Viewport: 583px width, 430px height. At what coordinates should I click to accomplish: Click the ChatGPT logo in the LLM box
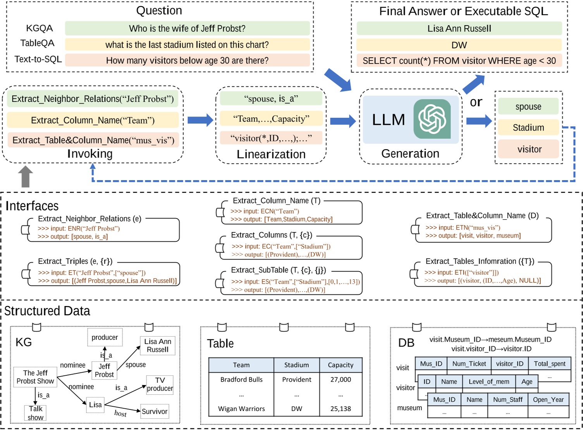tap(432, 119)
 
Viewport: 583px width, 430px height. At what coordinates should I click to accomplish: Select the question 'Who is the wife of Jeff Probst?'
tap(187, 28)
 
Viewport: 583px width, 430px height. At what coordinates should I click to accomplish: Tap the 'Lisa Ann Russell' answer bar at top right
tap(459, 28)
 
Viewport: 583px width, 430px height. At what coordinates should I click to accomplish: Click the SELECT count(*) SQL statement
tap(459, 61)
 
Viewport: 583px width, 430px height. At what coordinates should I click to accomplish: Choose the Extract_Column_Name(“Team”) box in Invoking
tap(93, 120)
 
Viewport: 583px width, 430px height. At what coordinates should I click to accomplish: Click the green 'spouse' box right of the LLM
tap(528, 107)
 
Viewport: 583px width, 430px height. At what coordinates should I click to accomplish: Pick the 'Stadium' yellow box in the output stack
tap(528, 127)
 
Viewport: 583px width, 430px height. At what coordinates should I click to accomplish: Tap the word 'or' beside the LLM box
tap(476, 102)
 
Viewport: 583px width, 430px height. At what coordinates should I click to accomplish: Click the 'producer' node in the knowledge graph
tap(105, 337)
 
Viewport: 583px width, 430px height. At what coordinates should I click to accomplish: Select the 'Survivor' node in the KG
tap(155, 411)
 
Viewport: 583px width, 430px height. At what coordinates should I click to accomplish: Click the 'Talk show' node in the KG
tap(36, 413)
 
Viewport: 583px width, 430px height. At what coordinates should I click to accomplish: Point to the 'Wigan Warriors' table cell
tap(241, 409)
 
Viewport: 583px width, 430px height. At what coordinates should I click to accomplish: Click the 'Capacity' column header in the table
tap(341, 365)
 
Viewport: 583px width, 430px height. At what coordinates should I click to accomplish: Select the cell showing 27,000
tap(341, 380)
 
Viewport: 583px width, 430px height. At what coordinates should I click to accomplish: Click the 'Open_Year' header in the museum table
tap(548, 399)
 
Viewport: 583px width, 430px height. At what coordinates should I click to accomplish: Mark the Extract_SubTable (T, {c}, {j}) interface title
tap(279, 270)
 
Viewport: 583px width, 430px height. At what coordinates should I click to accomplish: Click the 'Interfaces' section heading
tap(32, 206)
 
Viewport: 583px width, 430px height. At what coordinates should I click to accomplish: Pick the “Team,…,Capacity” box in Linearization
tap(271, 119)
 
